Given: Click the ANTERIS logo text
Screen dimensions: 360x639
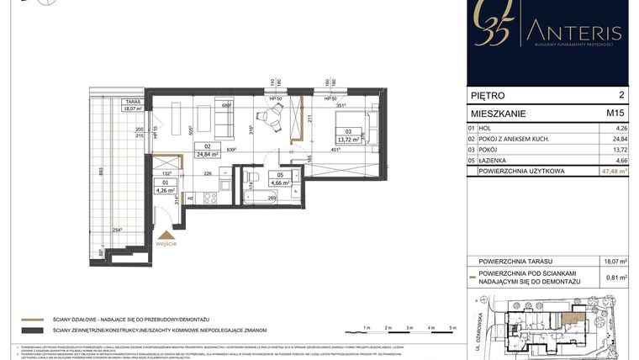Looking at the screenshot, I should [x=576, y=33].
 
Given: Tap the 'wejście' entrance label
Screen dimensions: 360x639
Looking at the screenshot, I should [x=166, y=243].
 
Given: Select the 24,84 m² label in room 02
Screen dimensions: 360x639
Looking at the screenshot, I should [x=208, y=154].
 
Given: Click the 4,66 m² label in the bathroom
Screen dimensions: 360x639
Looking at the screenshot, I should [x=279, y=182].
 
